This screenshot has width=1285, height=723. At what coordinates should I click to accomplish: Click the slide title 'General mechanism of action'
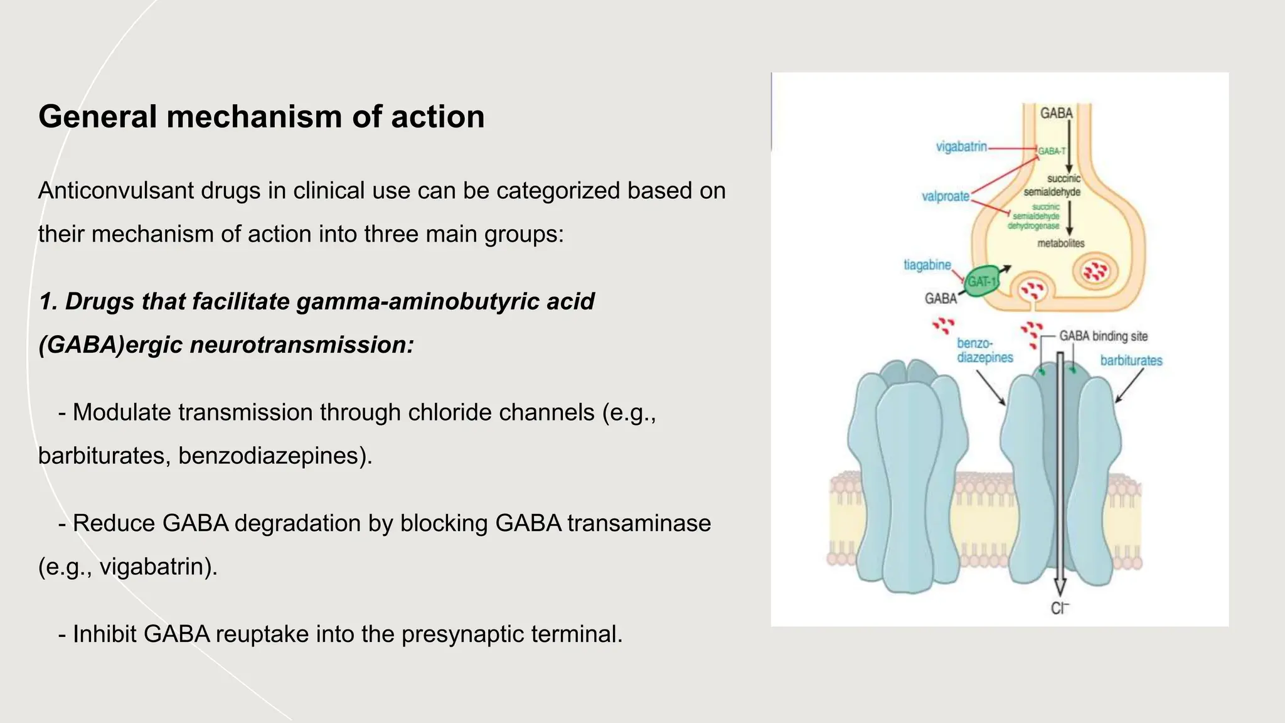click(x=261, y=117)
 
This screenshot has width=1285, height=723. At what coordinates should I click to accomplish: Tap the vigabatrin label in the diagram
click(x=961, y=147)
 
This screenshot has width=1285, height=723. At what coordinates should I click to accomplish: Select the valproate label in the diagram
click(x=946, y=196)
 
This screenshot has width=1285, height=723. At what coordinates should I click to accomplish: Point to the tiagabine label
click(x=927, y=265)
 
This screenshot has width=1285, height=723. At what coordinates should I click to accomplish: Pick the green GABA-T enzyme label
click(x=1052, y=151)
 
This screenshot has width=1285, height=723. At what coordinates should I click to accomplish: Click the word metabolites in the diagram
click(x=1060, y=244)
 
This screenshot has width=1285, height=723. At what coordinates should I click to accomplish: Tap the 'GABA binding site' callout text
click(x=1103, y=336)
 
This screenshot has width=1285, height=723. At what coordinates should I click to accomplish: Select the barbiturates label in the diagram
click(x=1131, y=361)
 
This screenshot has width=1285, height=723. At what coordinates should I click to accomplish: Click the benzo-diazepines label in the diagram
click(x=984, y=351)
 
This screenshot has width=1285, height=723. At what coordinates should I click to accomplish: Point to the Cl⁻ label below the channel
click(x=1059, y=608)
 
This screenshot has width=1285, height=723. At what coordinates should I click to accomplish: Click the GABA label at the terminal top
click(x=1057, y=114)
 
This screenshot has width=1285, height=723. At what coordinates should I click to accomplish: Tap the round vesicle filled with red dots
click(x=1096, y=272)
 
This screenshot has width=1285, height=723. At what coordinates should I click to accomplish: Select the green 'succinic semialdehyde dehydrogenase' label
click(x=1035, y=217)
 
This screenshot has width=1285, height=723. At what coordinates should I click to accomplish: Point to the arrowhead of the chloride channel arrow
click(x=1060, y=588)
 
